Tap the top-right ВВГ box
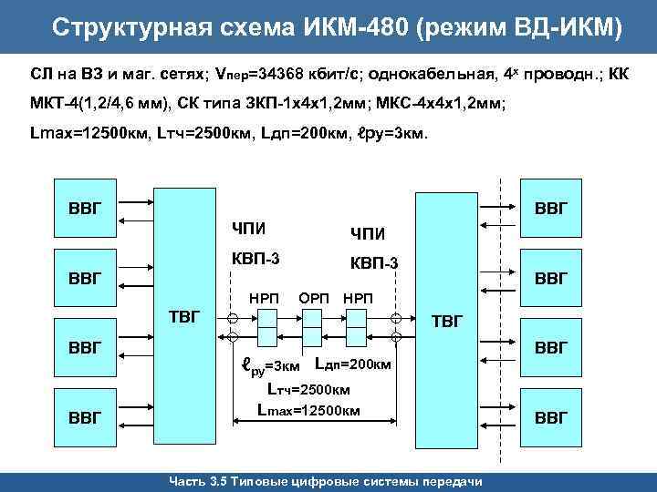coord(550,207)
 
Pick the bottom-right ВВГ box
coord(550,417)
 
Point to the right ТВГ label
coord(447,321)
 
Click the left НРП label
coord(266,297)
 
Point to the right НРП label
coord(357,297)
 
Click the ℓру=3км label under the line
coord(269,367)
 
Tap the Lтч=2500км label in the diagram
coord(308,389)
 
